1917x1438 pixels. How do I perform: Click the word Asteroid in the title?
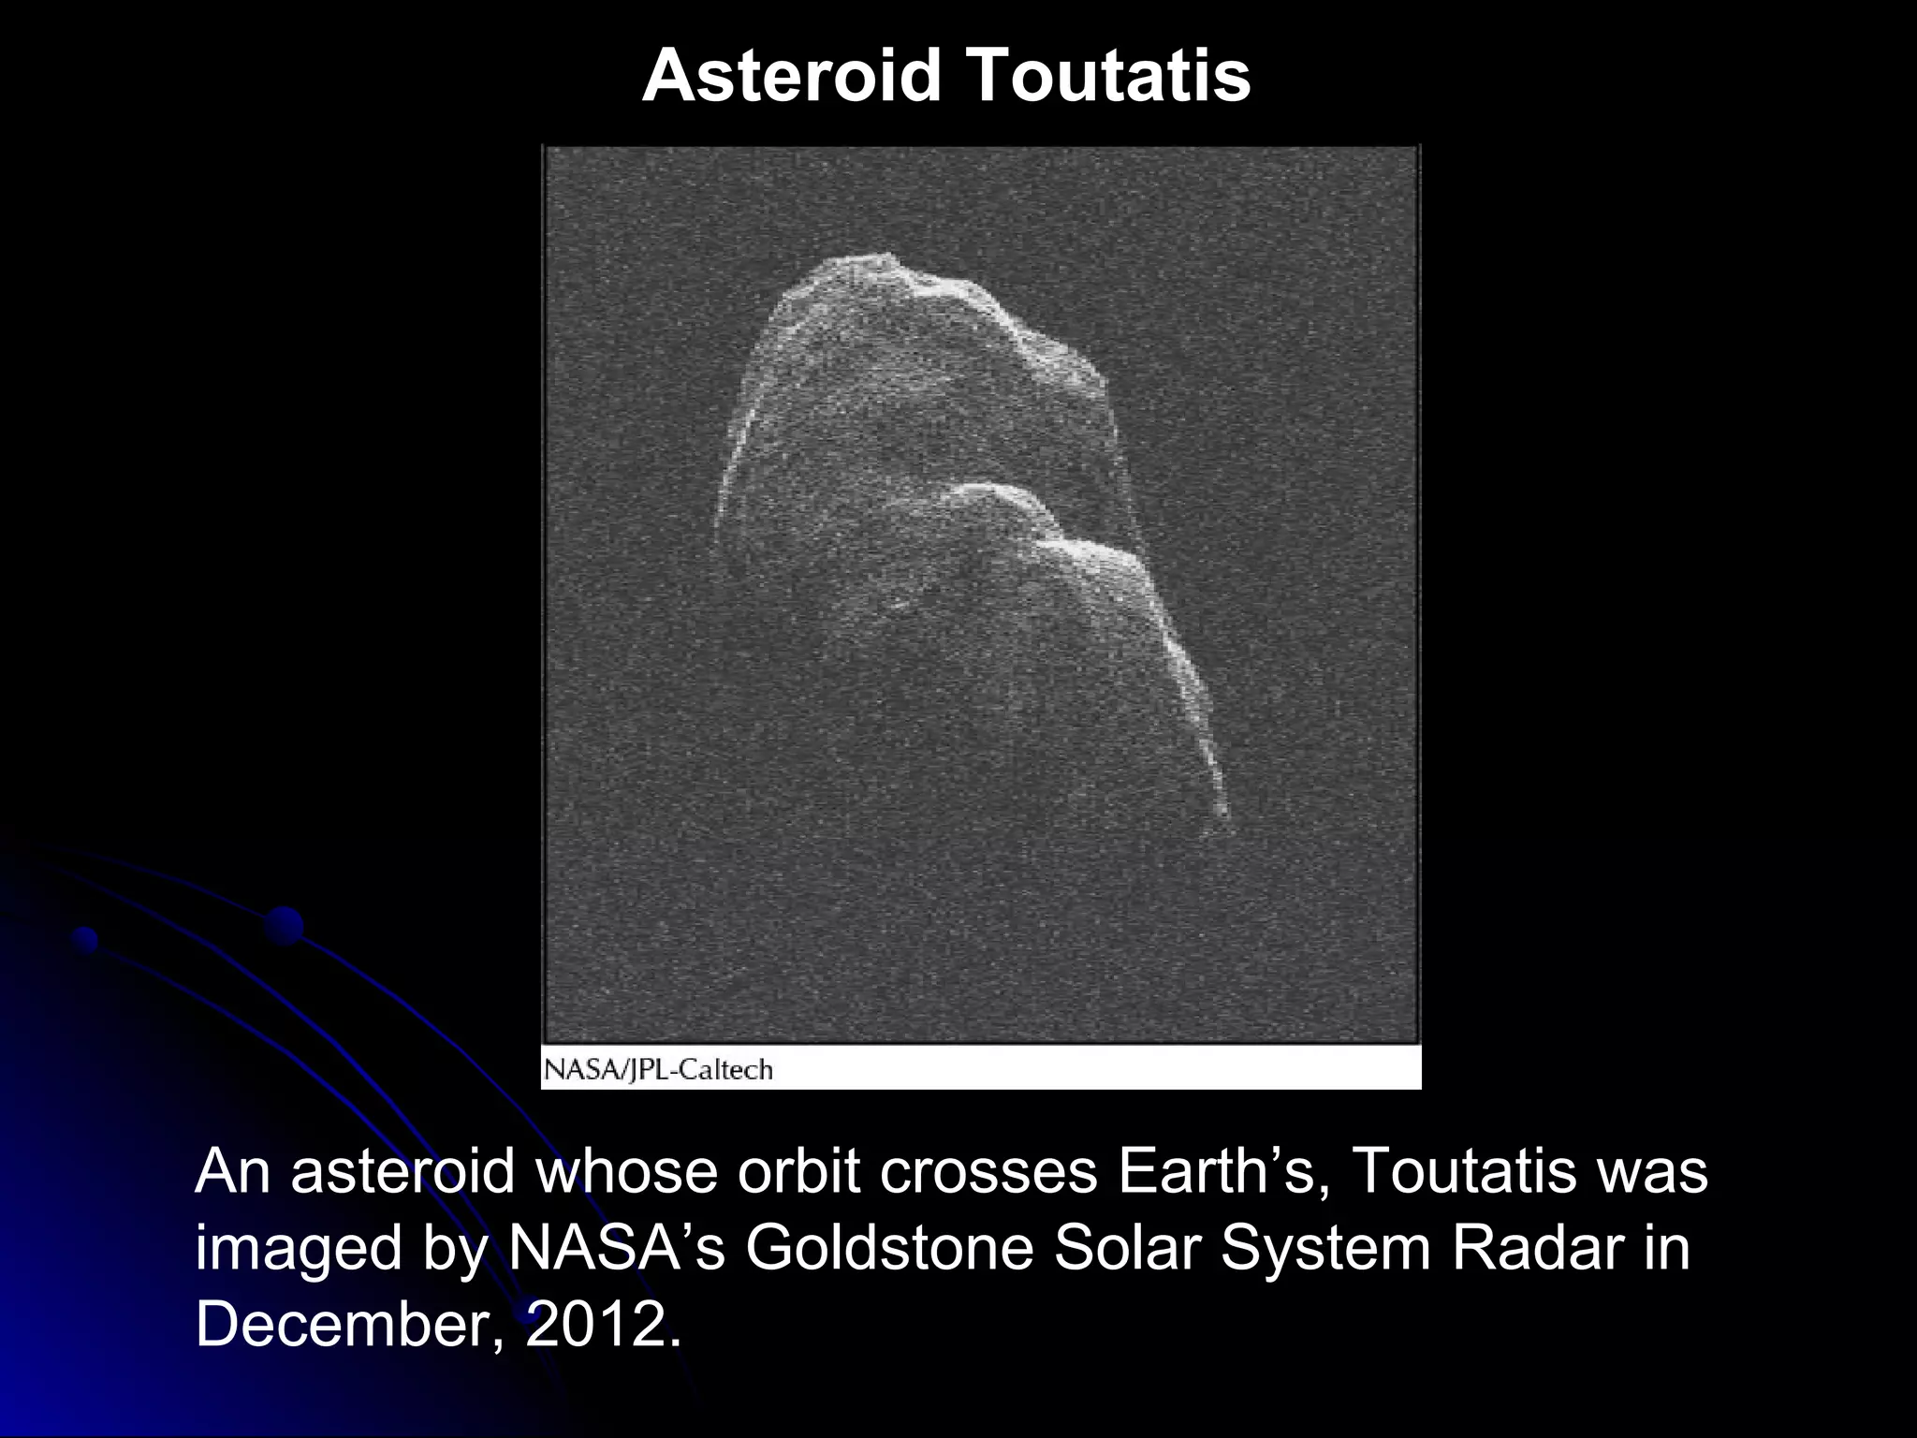pos(792,76)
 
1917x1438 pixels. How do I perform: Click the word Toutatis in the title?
pos(1108,76)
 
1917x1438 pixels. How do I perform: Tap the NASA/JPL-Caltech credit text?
pos(658,1069)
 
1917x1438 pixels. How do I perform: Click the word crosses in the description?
pos(988,1171)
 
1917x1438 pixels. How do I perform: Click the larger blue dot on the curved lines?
pos(284,925)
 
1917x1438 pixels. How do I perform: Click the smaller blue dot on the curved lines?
pos(85,938)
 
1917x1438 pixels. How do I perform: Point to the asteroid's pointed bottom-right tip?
pos(1224,814)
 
